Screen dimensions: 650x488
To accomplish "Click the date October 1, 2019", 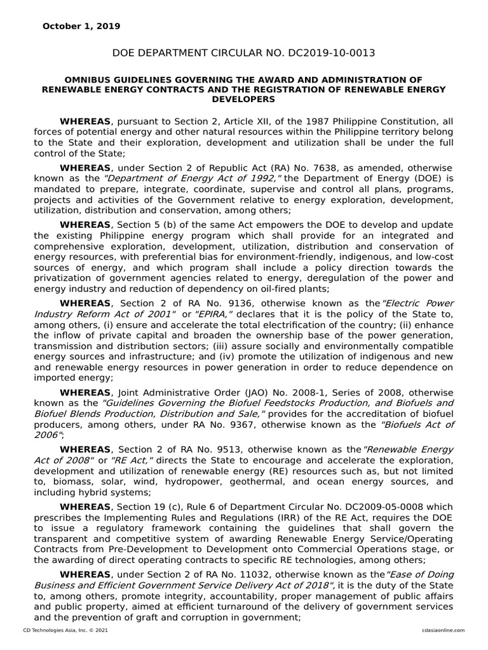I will pyautogui.click(x=81, y=26).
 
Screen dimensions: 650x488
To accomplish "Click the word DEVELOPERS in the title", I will pyautogui.click(x=243, y=100).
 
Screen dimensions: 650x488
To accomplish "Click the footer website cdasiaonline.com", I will pyautogui.click(x=443, y=630).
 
